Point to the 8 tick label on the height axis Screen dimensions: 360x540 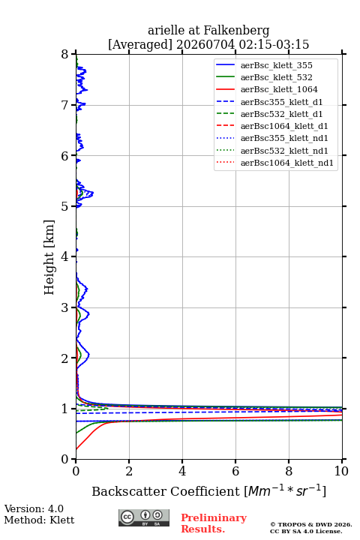click(65, 55)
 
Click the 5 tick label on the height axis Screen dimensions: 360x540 click(65, 206)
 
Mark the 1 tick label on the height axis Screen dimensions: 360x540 click(65, 409)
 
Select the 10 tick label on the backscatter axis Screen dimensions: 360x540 click(341, 471)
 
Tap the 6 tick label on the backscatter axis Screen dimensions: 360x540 click(235, 471)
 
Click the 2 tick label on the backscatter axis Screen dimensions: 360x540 click(129, 471)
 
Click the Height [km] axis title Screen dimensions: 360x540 click(49, 257)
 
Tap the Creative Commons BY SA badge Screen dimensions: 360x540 click(144, 517)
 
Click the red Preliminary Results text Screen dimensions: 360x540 click(214, 523)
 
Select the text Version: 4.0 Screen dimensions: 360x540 click(34, 508)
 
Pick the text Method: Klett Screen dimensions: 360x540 click(39, 520)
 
